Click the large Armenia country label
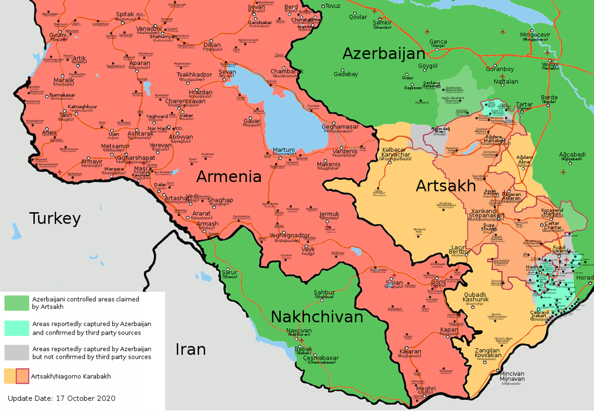coord(229,177)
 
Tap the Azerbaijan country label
coord(384,53)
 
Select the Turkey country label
coord(55,218)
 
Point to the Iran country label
coord(190,349)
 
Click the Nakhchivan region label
coord(317,316)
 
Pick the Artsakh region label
coord(446,185)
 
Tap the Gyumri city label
coord(58,35)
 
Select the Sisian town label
coord(394,283)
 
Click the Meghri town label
coord(426,389)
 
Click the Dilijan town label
coord(212,45)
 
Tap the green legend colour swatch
coord(17,303)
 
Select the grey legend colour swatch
coord(17,352)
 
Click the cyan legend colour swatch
coord(17,328)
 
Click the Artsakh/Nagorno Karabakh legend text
coord(71,377)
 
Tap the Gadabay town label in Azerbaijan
coord(346,74)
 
